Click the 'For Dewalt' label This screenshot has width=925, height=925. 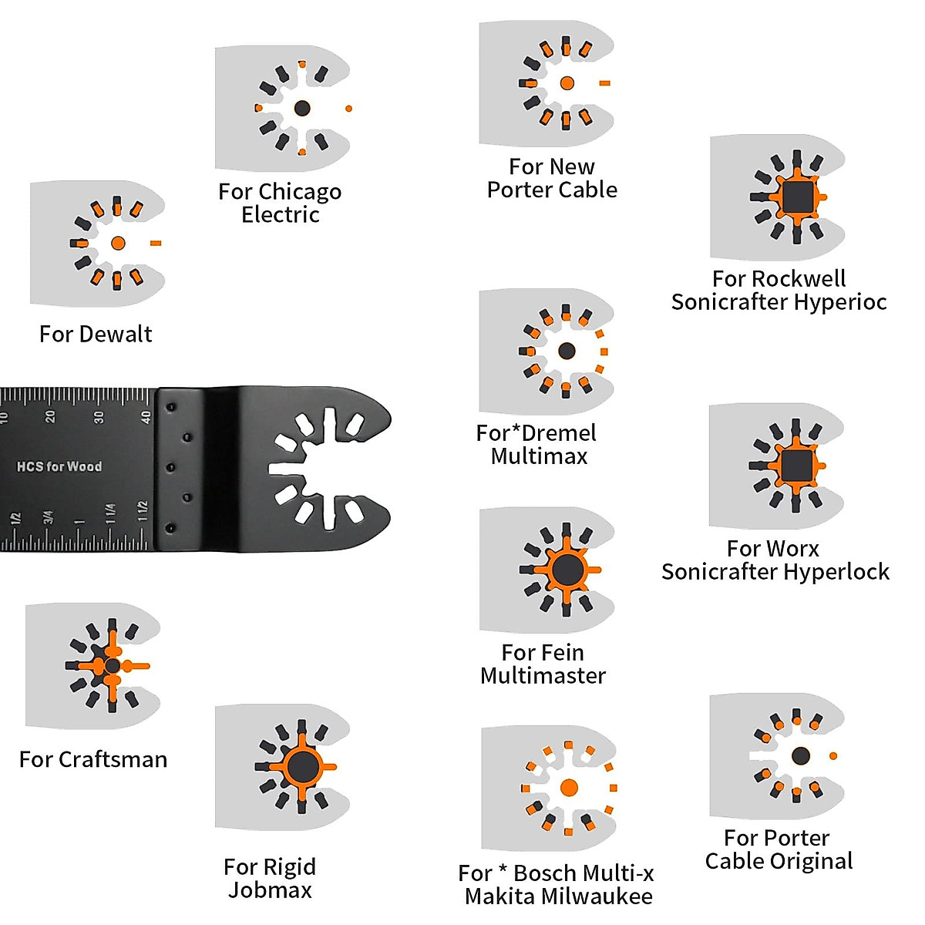point(96,334)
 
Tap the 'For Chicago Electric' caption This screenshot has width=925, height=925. point(280,203)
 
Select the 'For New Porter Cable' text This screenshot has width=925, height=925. point(552,178)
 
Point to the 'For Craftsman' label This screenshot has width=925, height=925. point(93,759)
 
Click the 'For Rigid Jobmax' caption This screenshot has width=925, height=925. point(270,878)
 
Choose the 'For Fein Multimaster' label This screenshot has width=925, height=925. point(543,664)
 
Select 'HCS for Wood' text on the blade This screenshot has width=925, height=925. point(59,466)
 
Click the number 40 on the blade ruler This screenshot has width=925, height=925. point(146,417)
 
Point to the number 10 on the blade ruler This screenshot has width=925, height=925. point(5,417)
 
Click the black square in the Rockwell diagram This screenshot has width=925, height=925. point(797,197)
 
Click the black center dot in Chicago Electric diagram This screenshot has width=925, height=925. point(302,108)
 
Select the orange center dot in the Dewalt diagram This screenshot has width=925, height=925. point(118,243)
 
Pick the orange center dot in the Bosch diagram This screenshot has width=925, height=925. point(569,788)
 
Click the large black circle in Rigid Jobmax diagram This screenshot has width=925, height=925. point(301,766)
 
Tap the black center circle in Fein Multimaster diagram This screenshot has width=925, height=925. point(567,570)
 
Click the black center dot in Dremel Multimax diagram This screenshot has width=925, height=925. point(567,351)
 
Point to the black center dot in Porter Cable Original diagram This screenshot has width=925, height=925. point(801,755)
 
